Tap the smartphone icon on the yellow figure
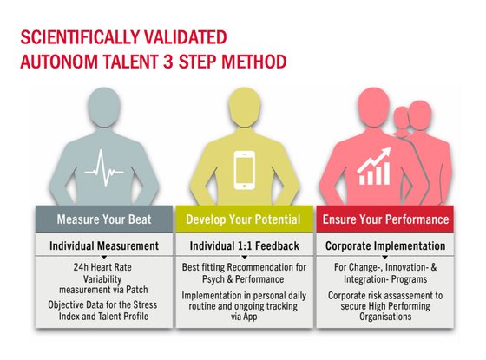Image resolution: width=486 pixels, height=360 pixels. pos(245,170)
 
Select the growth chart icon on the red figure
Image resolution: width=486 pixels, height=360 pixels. pos(373,167)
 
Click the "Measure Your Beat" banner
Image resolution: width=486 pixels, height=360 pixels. pos(104,219)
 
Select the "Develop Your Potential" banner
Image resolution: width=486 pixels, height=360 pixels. pos(245,219)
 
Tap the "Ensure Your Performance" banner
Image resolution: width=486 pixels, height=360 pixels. pos(385,219)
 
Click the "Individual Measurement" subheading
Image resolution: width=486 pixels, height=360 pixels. pos(104,246)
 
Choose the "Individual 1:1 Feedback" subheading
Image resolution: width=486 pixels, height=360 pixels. pos(245,246)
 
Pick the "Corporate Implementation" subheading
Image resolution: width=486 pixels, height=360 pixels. pos(385,246)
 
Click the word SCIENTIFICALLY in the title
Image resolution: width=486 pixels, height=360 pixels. pos(76,37)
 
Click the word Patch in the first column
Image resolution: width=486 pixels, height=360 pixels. pos(137,290)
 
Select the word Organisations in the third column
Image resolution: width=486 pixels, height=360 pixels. pos(385,317)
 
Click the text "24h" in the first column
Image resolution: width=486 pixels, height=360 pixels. pos(81,267)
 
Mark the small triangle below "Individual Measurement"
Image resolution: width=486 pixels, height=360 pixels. pos(104,257)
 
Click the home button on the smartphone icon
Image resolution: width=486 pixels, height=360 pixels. pos(245,186)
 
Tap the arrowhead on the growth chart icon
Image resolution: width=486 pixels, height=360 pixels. pos(385,153)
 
